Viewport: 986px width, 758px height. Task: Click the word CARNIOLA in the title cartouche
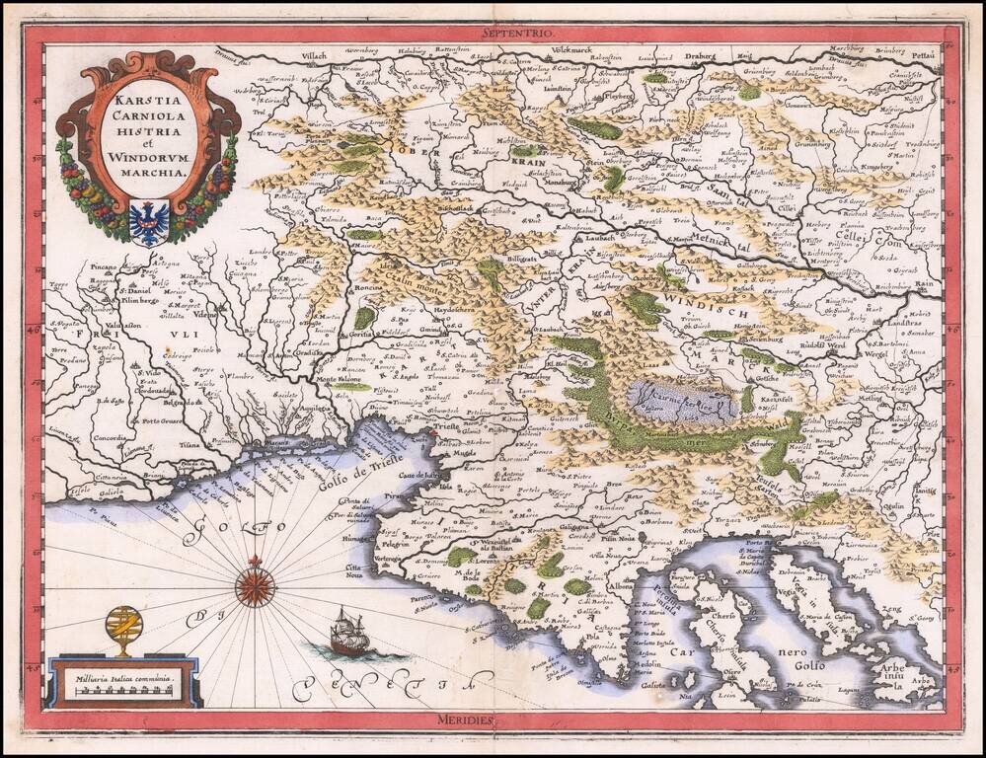coord(148,115)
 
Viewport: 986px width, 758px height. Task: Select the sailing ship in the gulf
coord(349,633)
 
